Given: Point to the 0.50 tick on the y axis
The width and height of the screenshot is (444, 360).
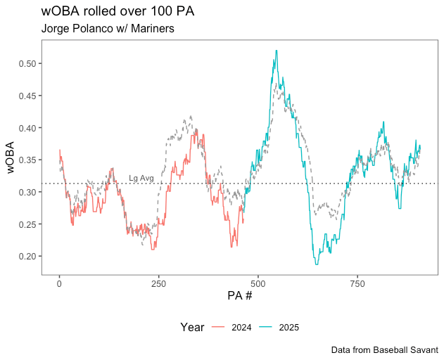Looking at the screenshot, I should (x=27, y=63).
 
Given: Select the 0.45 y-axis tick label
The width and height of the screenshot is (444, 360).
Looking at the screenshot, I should (x=27, y=96).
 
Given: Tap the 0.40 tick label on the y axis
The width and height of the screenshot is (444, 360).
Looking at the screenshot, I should (x=27, y=128).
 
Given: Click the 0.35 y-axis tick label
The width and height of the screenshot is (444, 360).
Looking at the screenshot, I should (x=27, y=160).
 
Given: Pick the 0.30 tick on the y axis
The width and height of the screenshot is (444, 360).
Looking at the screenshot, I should (x=27, y=192).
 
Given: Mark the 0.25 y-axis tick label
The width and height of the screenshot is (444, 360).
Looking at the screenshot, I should (x=27, y=224).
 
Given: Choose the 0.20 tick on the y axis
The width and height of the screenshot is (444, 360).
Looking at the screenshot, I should (x=27, y=257).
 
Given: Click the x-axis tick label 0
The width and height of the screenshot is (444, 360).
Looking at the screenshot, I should (x=59, y=283).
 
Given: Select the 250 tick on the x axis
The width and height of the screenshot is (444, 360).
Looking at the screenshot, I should (x=158, y=283).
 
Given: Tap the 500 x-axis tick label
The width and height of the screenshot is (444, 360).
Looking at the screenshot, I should (x=258, y=283).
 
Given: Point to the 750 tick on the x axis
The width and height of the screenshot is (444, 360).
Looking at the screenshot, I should (x=357, y=283).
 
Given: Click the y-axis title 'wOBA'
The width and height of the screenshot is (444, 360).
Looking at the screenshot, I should (x=11, y=157).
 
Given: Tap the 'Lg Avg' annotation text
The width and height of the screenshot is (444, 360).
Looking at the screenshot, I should (x=141, y=179).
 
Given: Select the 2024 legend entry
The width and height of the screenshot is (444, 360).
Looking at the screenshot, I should (x=232, y=327).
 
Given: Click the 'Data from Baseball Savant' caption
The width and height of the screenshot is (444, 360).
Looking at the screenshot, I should (x=384, y=349).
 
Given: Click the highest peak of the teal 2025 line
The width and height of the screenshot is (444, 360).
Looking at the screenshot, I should (x=277, y=51).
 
